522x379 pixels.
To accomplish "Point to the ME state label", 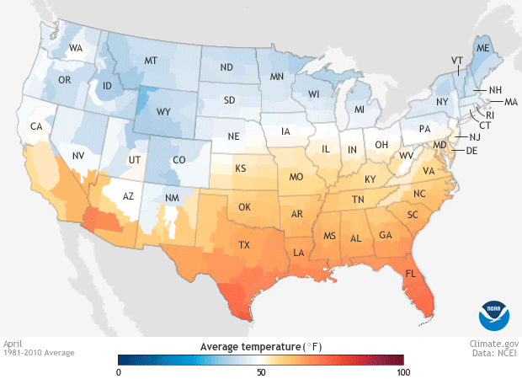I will point(482,50).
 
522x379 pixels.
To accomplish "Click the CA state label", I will point(36,127).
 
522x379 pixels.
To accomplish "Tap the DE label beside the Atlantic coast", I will point(471,151).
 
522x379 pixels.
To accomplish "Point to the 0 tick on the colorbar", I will point(119,371).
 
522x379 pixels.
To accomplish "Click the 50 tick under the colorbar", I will point(261,371).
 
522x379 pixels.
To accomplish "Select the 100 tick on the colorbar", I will point(403,371).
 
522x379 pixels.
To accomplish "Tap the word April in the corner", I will point(13,344).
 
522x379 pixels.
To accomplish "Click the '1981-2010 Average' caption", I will point(38,353).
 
